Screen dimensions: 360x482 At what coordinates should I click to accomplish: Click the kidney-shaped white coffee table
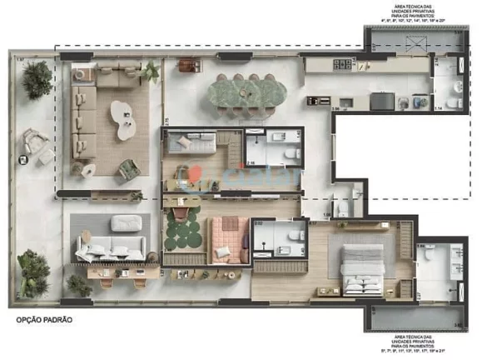[125, 121]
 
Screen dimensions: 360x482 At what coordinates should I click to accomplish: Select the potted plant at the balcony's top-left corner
[37, 79]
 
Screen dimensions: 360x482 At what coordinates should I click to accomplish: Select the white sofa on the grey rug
[111, 247]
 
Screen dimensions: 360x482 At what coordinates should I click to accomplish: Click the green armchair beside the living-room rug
[127, 168]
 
